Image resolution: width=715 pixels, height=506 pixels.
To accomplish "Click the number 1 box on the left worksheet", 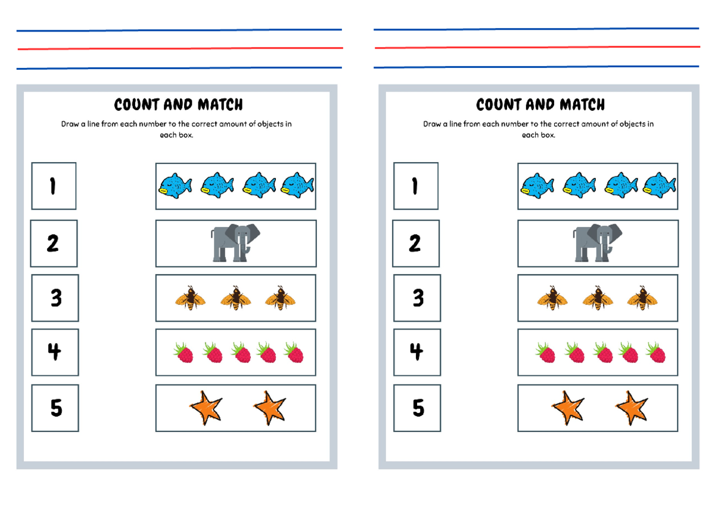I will pos(54,186).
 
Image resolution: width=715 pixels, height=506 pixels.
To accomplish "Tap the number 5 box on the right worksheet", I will pos(418,408).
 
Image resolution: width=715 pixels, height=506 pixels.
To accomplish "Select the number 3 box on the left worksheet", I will pos(55,297).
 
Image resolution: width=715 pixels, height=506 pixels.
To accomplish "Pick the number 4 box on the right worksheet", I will pos(416,352).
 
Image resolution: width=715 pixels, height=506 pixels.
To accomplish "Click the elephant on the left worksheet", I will pos(235,243).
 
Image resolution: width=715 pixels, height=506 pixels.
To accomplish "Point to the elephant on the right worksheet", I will pos(598,243).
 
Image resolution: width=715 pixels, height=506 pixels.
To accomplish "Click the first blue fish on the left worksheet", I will pos(175,185).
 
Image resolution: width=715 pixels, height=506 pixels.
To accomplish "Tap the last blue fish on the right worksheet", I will pos(660,185).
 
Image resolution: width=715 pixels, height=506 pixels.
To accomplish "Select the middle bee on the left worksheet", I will pos(235,297).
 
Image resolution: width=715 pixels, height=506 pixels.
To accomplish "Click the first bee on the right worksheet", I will pos(552,297).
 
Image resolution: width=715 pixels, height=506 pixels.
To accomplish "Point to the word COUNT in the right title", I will pos(497,105).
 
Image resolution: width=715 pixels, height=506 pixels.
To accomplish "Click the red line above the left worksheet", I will pos(179,48).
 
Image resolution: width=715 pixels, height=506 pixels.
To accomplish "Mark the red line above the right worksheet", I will pos(536,47).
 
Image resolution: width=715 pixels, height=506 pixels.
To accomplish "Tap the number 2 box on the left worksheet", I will pos(54,243).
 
